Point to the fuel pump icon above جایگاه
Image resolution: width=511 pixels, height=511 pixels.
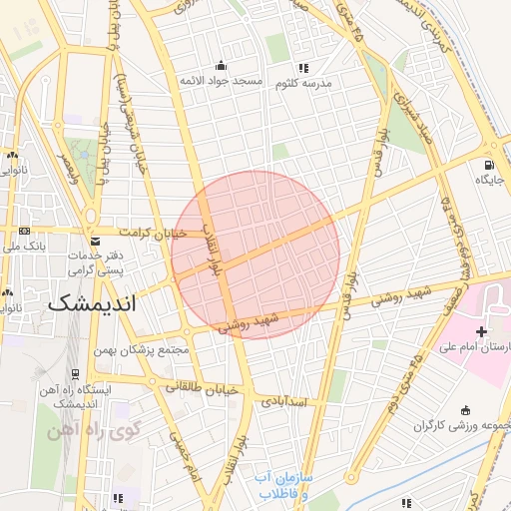[x=488, y=165]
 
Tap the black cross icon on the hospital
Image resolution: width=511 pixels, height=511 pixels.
[x=481, y=330]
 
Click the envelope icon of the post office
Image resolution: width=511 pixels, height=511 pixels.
[x=95, y=240]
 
